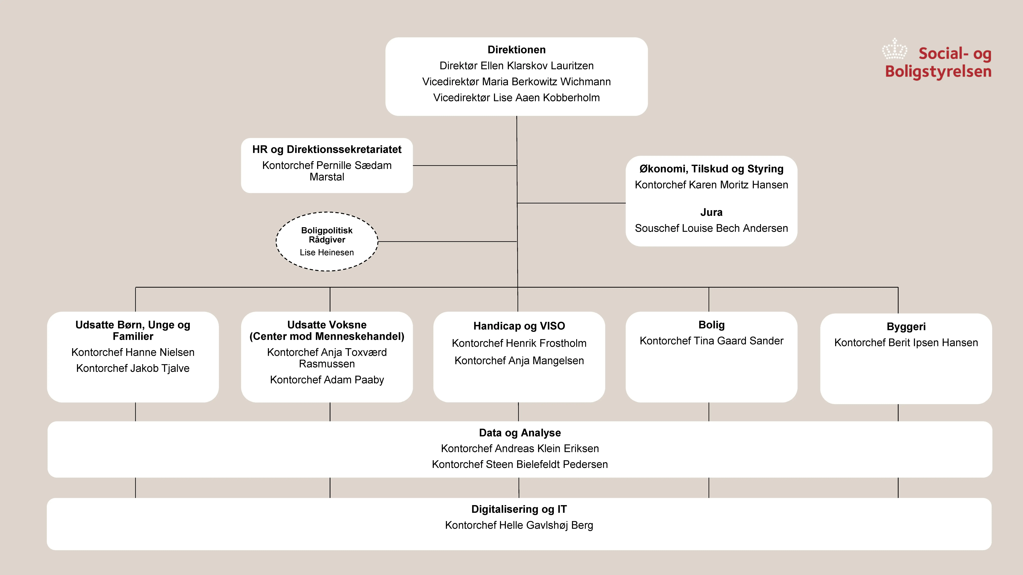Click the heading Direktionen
[x=516, y=50]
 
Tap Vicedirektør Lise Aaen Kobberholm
[x=516, y=98]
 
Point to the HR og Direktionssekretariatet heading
[x=327, y=150]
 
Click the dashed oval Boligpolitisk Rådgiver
[x=327, y=241]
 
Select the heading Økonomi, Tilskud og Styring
[x=711, y=169]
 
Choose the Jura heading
[x=711, y=212]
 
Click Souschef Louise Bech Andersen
[x=711, y=228]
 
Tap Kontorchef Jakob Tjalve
[x=133, y=368]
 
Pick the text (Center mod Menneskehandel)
[x=327, y=337]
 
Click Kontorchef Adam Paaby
[x=327, y=380]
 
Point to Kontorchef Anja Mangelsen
[x=519, y=361]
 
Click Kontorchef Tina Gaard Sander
[x=711, y=341]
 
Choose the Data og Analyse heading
[x=520, y=433]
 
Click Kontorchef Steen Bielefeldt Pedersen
[x=520, y=464]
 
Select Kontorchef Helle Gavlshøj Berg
[x=519, y=525]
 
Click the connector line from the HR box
[x=465, y=165]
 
